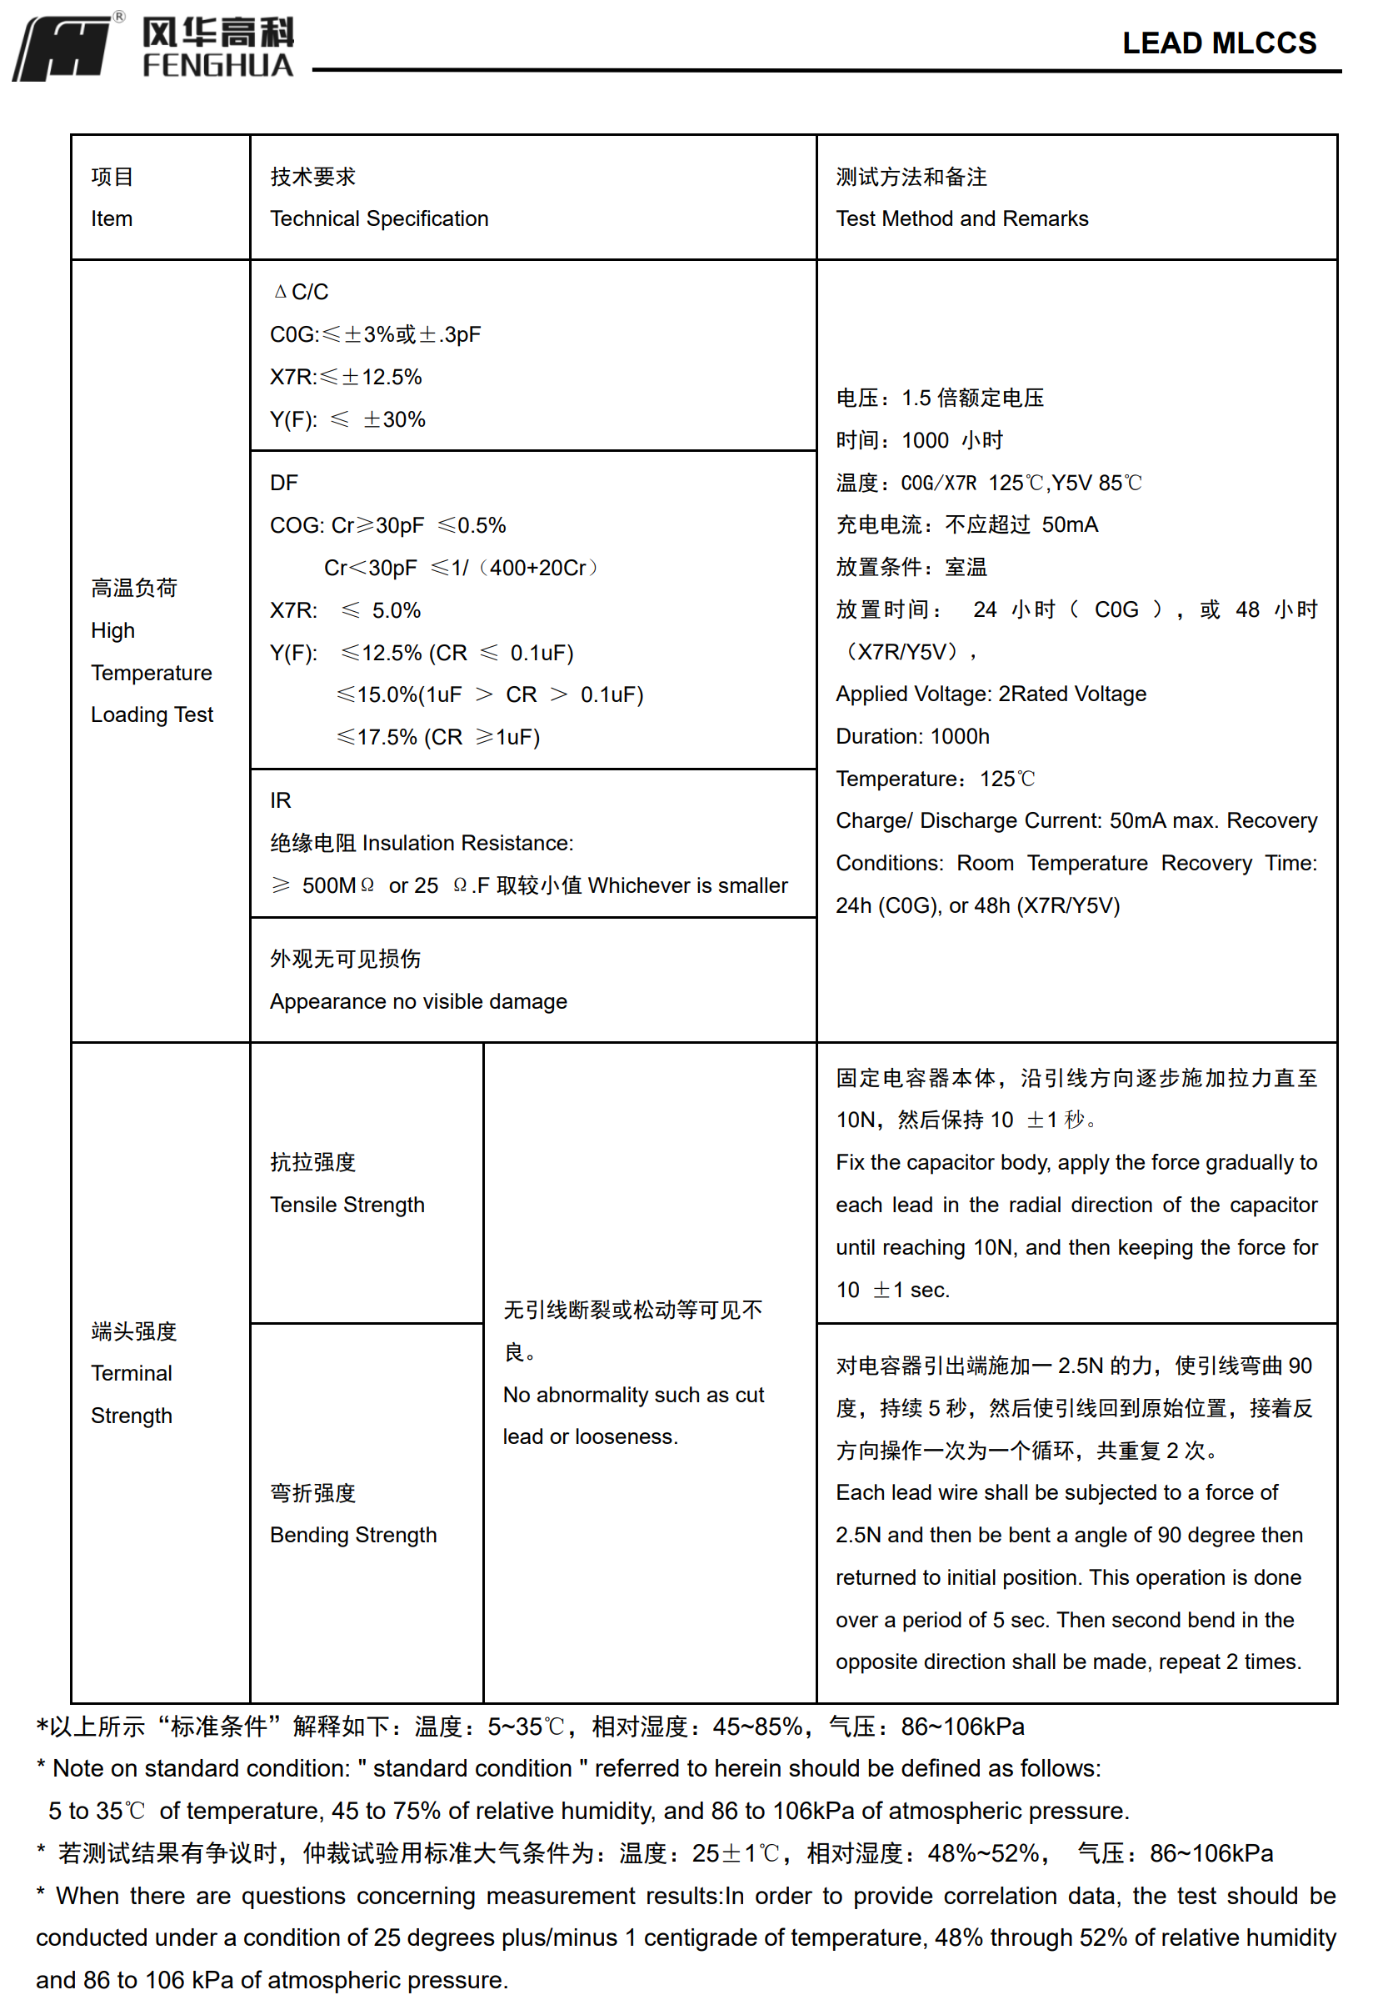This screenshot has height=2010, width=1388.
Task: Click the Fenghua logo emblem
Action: click(x=62, y=48)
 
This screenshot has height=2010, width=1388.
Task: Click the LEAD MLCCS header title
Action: click(x=1218, y=43)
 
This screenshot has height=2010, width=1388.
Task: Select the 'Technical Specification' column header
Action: click(x=379, y=218)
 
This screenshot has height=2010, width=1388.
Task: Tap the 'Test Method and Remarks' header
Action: click(x=962, y=218)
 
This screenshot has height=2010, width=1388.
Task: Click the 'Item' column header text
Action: click(x=112, y=218)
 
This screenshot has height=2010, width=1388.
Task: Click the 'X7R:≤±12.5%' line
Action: click(x=345, y=377)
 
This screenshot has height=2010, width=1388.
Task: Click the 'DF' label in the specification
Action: click(x=283, y=483)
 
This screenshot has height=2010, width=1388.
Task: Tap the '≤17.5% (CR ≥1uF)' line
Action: click(x=437, y=737)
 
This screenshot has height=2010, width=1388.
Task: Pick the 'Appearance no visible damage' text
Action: click(x=418, y=1001)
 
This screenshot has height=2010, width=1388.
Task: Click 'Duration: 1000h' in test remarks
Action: click(x=912, y=736)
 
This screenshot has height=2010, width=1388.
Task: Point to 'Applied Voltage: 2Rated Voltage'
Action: click(x=991, y=694)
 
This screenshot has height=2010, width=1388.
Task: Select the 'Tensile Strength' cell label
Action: click(x=347, y=1205)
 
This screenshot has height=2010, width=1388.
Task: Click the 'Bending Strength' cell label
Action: click(x=353, y=1535)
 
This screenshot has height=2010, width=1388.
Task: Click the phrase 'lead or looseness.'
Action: click(x=591, y=1436)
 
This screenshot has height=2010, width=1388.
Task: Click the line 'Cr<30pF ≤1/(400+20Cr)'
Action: click(x=461, y=568)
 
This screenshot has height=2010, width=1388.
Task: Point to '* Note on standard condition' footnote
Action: click(x=568, y=1768)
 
